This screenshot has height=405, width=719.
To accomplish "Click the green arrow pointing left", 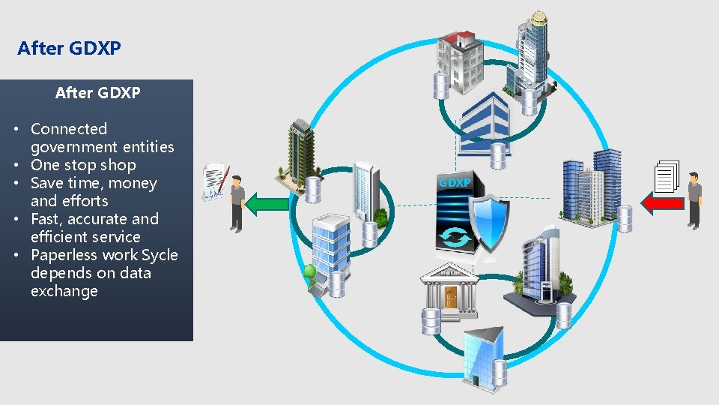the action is point(267,204).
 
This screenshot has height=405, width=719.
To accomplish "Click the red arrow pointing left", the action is point(662,202).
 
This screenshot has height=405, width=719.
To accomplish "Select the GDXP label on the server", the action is point(455,182).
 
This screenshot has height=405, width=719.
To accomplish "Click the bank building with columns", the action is point(450,289).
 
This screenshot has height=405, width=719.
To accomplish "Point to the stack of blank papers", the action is point(666,177).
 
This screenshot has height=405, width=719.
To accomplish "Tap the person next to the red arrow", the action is point(694,199).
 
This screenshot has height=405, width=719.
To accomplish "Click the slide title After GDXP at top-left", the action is point(69,49).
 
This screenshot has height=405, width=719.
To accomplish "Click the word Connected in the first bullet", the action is point(69,129).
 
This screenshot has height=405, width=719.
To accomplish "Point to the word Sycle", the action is point(160,255).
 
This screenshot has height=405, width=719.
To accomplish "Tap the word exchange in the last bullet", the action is point(64,291).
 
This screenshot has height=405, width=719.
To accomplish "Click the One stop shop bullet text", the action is point(83,165).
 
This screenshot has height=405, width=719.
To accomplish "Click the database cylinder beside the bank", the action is point(431,321).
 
